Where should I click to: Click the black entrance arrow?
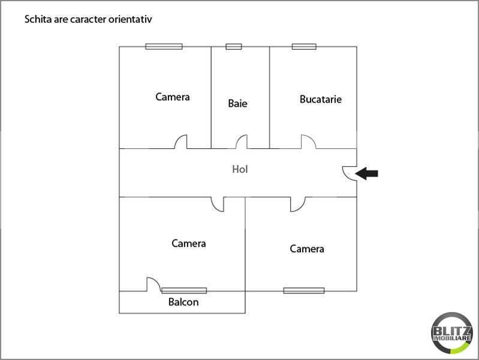pos(366,173)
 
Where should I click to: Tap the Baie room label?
pos(237,103)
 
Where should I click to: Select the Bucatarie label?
pos(321,99)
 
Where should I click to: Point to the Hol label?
pos(240,169)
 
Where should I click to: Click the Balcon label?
pos(183,302)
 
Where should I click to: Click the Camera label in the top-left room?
pos(173,97)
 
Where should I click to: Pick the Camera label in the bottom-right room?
pos(307,248)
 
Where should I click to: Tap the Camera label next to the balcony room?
pos(188,244)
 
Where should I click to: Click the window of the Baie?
pos(234,46)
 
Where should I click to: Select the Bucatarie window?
pos(304,46)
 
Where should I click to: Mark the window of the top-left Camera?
pos(164,46)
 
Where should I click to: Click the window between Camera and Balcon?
pos(184,290)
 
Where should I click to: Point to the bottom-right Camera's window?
pos(304,290)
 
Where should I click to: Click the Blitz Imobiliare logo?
pos(452,333)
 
